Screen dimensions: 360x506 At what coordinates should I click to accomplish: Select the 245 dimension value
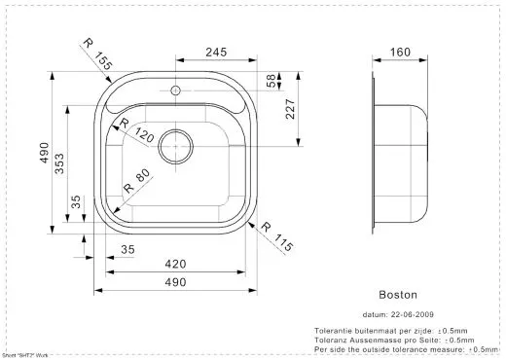pos(216,53)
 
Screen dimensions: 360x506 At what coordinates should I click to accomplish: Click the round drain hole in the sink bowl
pos(175,143)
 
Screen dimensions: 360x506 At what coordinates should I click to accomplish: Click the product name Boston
pos(396,292)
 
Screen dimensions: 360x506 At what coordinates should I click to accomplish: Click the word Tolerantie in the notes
pos(334,332)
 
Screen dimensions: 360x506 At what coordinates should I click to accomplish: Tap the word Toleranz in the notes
pos(332,340)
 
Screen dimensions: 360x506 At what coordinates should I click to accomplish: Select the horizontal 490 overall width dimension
pos(174,282)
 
